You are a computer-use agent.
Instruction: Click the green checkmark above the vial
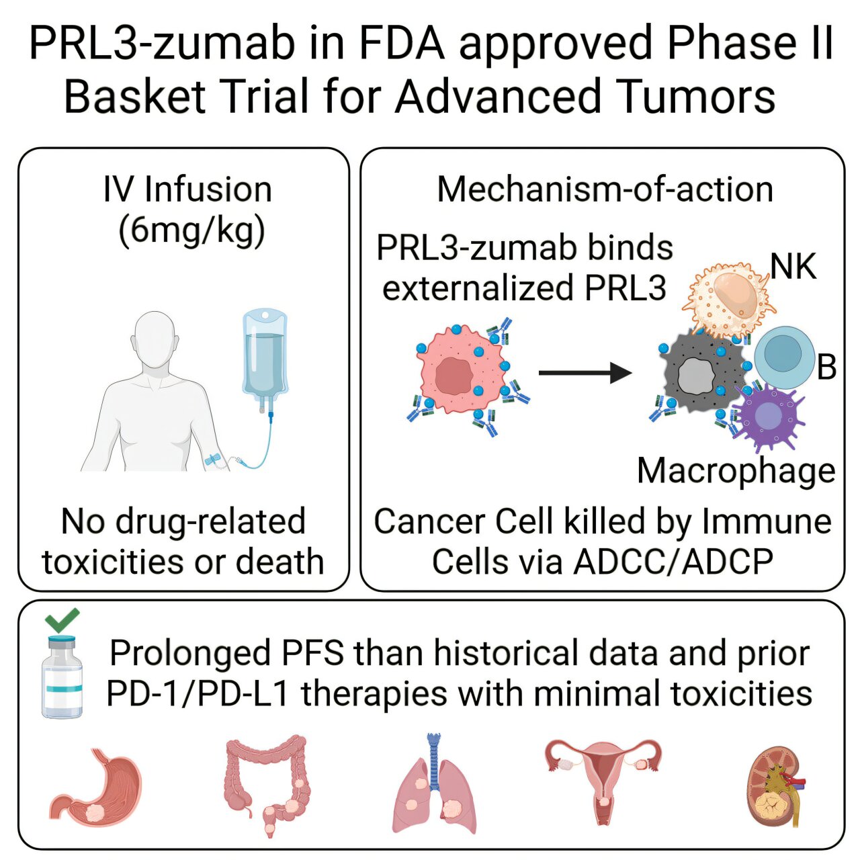click(62, 619)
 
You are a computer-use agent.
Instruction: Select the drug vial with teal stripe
click(62, 679)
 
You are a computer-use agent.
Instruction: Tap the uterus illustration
click(603, 773)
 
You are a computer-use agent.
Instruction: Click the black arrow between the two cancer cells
click(585, 372)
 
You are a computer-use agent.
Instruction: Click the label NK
click(793, 267)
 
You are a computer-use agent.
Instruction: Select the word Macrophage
click(736, 471)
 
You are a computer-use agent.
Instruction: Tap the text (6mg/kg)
click(191, 230)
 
